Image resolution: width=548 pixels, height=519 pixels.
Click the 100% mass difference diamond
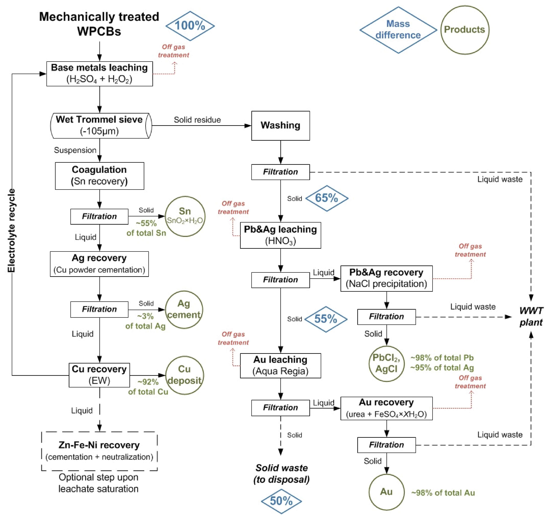tap(190, 26)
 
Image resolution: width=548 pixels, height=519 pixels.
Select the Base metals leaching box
tap(100, 74)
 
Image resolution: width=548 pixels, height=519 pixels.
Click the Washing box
tap(280, 126)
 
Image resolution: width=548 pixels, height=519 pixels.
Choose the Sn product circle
tap(185, 216)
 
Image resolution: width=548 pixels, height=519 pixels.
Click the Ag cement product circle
tap(184, 310)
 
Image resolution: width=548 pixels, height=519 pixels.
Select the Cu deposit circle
tap(185, 375)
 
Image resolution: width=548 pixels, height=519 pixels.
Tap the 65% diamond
tap(326, 198)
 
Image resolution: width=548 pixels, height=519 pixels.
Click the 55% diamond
tap(326, 319)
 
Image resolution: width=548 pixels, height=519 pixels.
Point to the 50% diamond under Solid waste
tap(281, 501)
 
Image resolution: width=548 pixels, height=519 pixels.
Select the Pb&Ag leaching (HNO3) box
tap(280, 235)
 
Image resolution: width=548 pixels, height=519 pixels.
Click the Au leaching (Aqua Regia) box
tap(280, 365)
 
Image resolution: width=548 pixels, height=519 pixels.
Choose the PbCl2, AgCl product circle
tap(386, 363)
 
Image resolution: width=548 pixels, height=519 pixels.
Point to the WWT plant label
tap(531, 316)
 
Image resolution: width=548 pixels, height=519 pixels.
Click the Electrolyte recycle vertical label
tap(11, 230)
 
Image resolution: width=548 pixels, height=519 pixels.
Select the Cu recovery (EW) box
tap(99, 375)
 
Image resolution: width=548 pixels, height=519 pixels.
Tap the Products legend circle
tap(464, 30)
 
